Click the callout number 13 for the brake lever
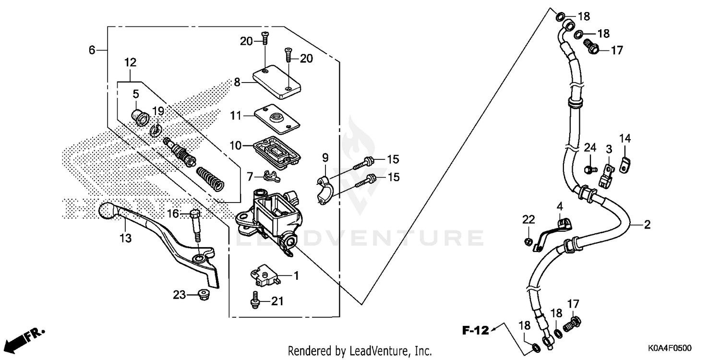coord(125,238)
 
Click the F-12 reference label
coord(475,330)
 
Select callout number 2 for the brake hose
coord(647,224)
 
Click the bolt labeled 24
coord(589,169)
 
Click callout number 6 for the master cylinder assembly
coord(92,49)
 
